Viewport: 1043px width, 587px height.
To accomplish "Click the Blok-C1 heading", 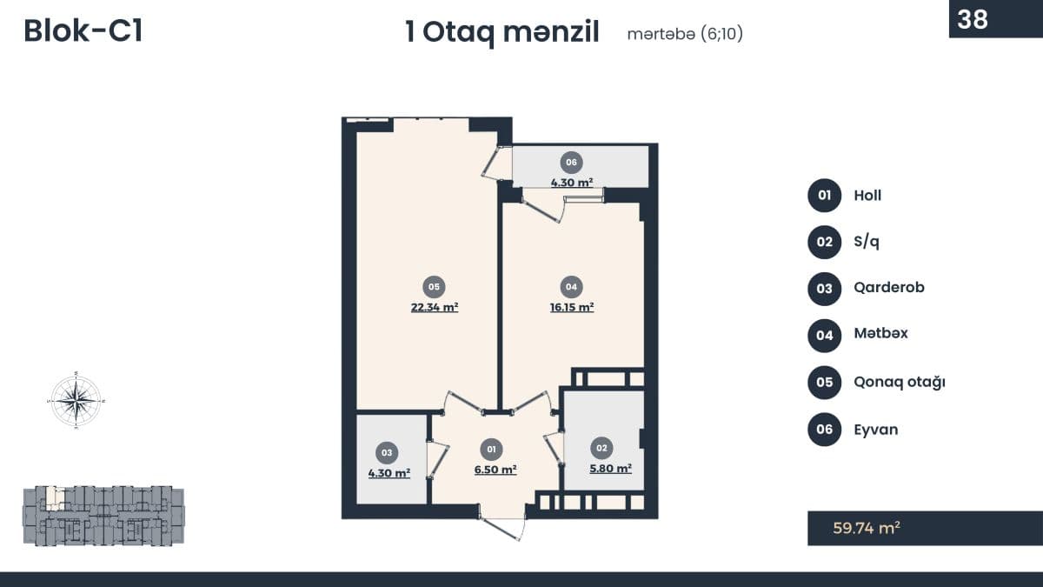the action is [83, 31].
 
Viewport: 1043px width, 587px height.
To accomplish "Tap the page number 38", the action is [973, 19].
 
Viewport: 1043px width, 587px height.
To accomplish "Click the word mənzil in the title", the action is [551, 32].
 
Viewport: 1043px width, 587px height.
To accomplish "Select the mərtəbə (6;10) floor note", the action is [685, 34].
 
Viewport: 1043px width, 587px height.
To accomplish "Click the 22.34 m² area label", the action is [435, 308].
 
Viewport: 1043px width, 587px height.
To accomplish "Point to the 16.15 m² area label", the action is [572, 308].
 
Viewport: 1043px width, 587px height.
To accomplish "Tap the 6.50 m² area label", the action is [495, 470].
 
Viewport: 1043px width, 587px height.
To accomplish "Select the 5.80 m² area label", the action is [610, 469].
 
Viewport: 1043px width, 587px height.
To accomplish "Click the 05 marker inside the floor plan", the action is [434, 287].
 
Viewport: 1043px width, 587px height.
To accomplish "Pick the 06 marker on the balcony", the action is [571, 163].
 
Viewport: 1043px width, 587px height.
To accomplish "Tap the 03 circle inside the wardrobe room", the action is [387, 453].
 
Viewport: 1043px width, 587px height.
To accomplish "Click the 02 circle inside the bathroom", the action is [601, 448].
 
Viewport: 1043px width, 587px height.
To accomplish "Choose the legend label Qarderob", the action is [889, 288].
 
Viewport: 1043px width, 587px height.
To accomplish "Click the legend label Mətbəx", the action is [881, 333].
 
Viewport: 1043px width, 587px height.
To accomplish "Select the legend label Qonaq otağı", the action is [900, 382].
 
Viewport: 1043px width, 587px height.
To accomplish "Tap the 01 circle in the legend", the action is [825, 196].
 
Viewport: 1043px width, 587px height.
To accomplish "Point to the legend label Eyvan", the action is [876, 430].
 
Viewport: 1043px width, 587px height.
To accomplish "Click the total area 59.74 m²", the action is [867, 529].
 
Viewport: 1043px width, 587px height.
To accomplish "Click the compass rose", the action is [76, 400].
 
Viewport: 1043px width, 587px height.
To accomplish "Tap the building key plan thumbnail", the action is [103, 516].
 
